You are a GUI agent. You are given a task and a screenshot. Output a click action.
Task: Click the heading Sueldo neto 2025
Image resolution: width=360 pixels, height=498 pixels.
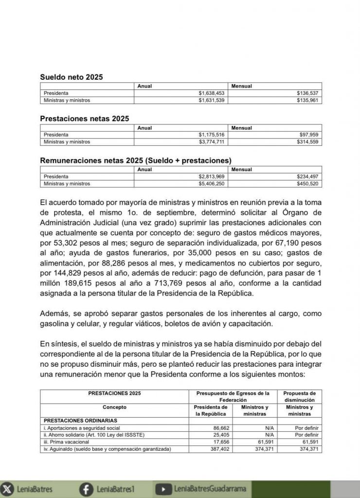71,77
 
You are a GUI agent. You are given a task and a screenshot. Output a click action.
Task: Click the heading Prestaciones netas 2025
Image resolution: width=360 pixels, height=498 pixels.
84,118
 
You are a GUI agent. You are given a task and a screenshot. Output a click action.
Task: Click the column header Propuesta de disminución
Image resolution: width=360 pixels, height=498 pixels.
299,396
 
